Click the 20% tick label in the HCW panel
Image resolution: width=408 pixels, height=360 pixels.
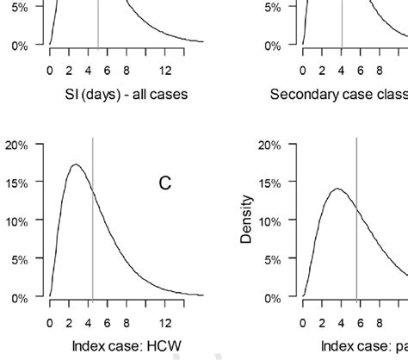20,145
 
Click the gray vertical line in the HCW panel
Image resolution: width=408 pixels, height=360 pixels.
93,233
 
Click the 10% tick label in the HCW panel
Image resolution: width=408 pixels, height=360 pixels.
20,221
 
